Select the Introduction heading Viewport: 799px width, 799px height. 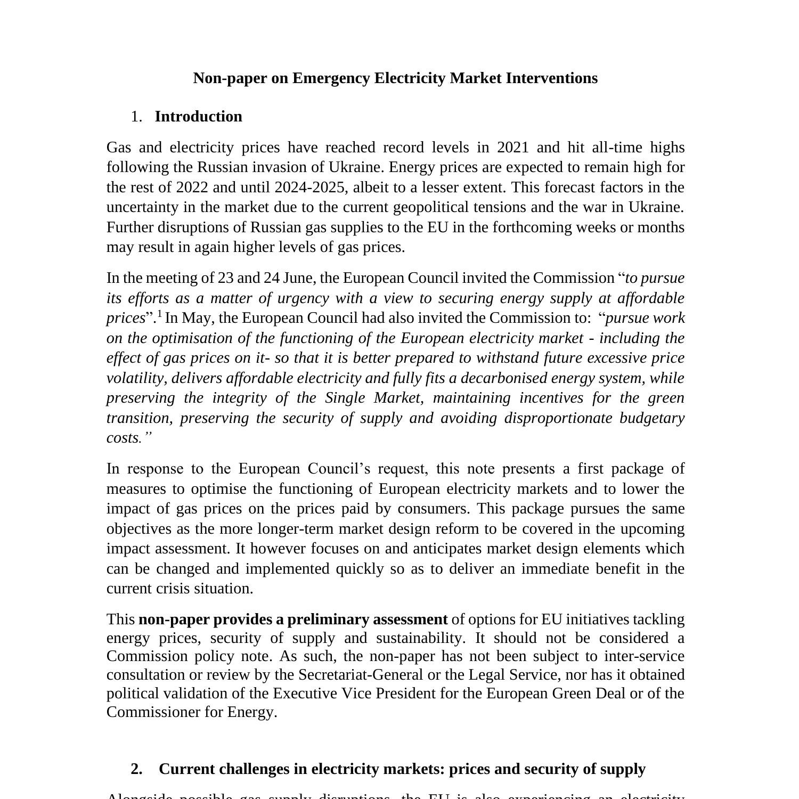[198, 117]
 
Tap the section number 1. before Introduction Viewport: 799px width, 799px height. [136, 117]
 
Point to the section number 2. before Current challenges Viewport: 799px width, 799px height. [136, 769]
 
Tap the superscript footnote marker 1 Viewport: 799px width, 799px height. [159, 314]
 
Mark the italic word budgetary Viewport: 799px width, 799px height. [651, 418]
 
